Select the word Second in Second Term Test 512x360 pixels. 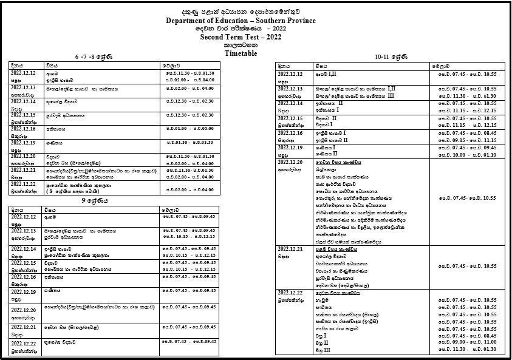click(216, 37)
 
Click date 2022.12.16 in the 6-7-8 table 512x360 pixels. click(22, 129)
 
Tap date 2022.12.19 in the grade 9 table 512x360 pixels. click(22, 291)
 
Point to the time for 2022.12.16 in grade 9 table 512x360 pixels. click(188, 276)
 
